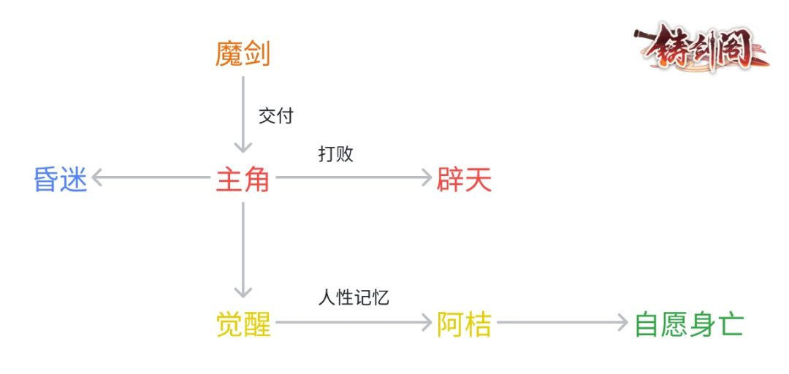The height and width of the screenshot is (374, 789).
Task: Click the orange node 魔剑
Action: pos(243,54)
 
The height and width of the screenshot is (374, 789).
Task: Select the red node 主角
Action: pos(243,178)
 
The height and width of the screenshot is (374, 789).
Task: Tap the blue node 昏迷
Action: pos(61,178)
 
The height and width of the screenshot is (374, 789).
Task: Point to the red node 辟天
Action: pos(464,178)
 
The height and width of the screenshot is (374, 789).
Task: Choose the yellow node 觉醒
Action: pos(243,323)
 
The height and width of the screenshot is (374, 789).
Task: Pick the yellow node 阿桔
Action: pos(464,323)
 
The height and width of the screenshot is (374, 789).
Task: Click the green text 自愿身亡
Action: pos(688,323)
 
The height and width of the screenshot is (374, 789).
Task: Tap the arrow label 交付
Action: pos(275,116)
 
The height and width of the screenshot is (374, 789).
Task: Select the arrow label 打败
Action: pos(335,154)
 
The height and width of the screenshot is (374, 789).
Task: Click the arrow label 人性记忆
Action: pos(352,297)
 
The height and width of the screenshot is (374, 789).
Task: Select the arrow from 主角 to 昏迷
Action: pos(150,178)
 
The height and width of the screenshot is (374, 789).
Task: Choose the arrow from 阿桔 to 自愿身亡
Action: pos(563,322)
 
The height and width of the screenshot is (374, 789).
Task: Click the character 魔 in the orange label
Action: pos(229,54)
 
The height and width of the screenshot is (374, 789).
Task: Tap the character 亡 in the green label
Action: pos(730,323)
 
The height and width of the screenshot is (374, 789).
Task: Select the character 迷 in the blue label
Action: pos(74,178)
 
